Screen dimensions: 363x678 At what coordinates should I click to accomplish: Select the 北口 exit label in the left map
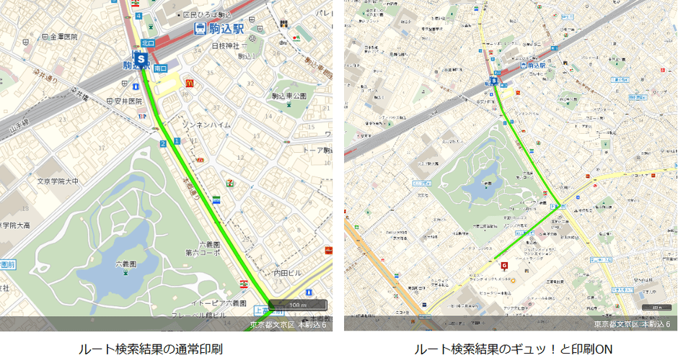pyautogui.click(x=147, y=43)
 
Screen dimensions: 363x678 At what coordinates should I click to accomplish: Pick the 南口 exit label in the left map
pyautogui.click(x=160, y=68)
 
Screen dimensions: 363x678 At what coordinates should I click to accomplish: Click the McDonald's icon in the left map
pyautogui.click(x=189, y=83)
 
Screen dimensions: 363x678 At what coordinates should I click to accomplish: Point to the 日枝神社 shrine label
pyautogui.click(x=225, y=46)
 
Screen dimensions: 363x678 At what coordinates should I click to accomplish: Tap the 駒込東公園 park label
pyautogui.click(x=289, y=96)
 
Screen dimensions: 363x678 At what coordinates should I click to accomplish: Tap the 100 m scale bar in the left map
pyautogui.click(x=297, y=304)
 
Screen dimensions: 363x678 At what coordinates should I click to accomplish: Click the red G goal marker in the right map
pyautogui.click(x=504, y=265)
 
